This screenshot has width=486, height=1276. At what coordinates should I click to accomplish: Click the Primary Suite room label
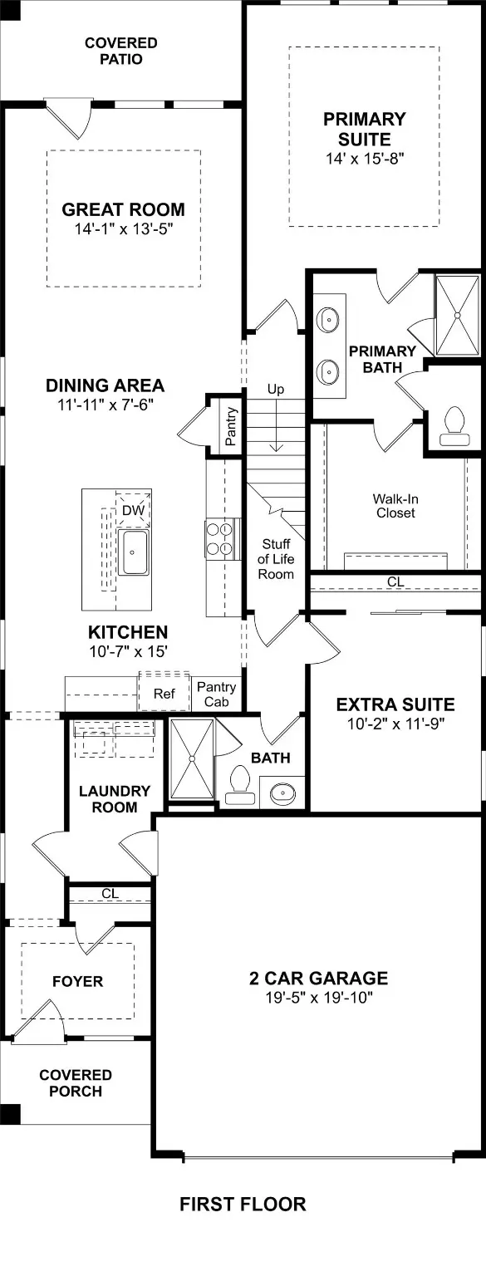tap(365, 130)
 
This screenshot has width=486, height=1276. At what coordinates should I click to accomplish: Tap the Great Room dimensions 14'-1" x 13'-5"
tap(123, 229)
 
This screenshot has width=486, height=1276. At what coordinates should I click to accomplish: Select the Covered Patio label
tap(120, 52)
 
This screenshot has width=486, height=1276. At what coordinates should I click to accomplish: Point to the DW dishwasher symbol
tap(133, 510)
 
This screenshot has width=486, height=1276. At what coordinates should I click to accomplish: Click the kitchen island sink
tap(133, 552)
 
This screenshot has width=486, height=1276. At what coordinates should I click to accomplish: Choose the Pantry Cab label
tap(217, 695)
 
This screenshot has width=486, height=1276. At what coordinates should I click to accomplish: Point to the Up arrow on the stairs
tap(276, 425)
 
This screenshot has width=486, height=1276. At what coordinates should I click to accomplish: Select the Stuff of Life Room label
tap(276, 559)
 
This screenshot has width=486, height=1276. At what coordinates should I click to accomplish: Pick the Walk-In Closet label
tap(395, 506)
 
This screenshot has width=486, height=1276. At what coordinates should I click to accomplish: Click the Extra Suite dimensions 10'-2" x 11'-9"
tap(395, 724)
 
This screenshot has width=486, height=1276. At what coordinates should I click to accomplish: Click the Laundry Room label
tap(115, 798)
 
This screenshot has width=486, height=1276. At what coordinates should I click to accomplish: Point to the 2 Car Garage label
tap(318, 978)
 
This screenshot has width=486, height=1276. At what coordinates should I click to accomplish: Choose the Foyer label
tap(77, 981)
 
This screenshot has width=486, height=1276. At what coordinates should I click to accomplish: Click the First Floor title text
tap(243, 1204)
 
